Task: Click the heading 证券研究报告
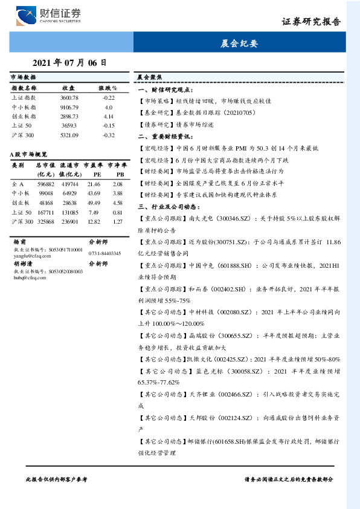pos(311,21)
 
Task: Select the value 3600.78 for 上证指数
pos(69,97)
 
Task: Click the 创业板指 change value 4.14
pos(109,115)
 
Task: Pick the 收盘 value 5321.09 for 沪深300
pos(69,134)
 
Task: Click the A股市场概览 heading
pos(28,155)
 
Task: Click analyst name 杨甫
pos(20,241)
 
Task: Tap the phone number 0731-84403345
pos(105,253)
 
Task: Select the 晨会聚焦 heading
pos(150,78)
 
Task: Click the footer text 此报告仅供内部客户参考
pos(57,479)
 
